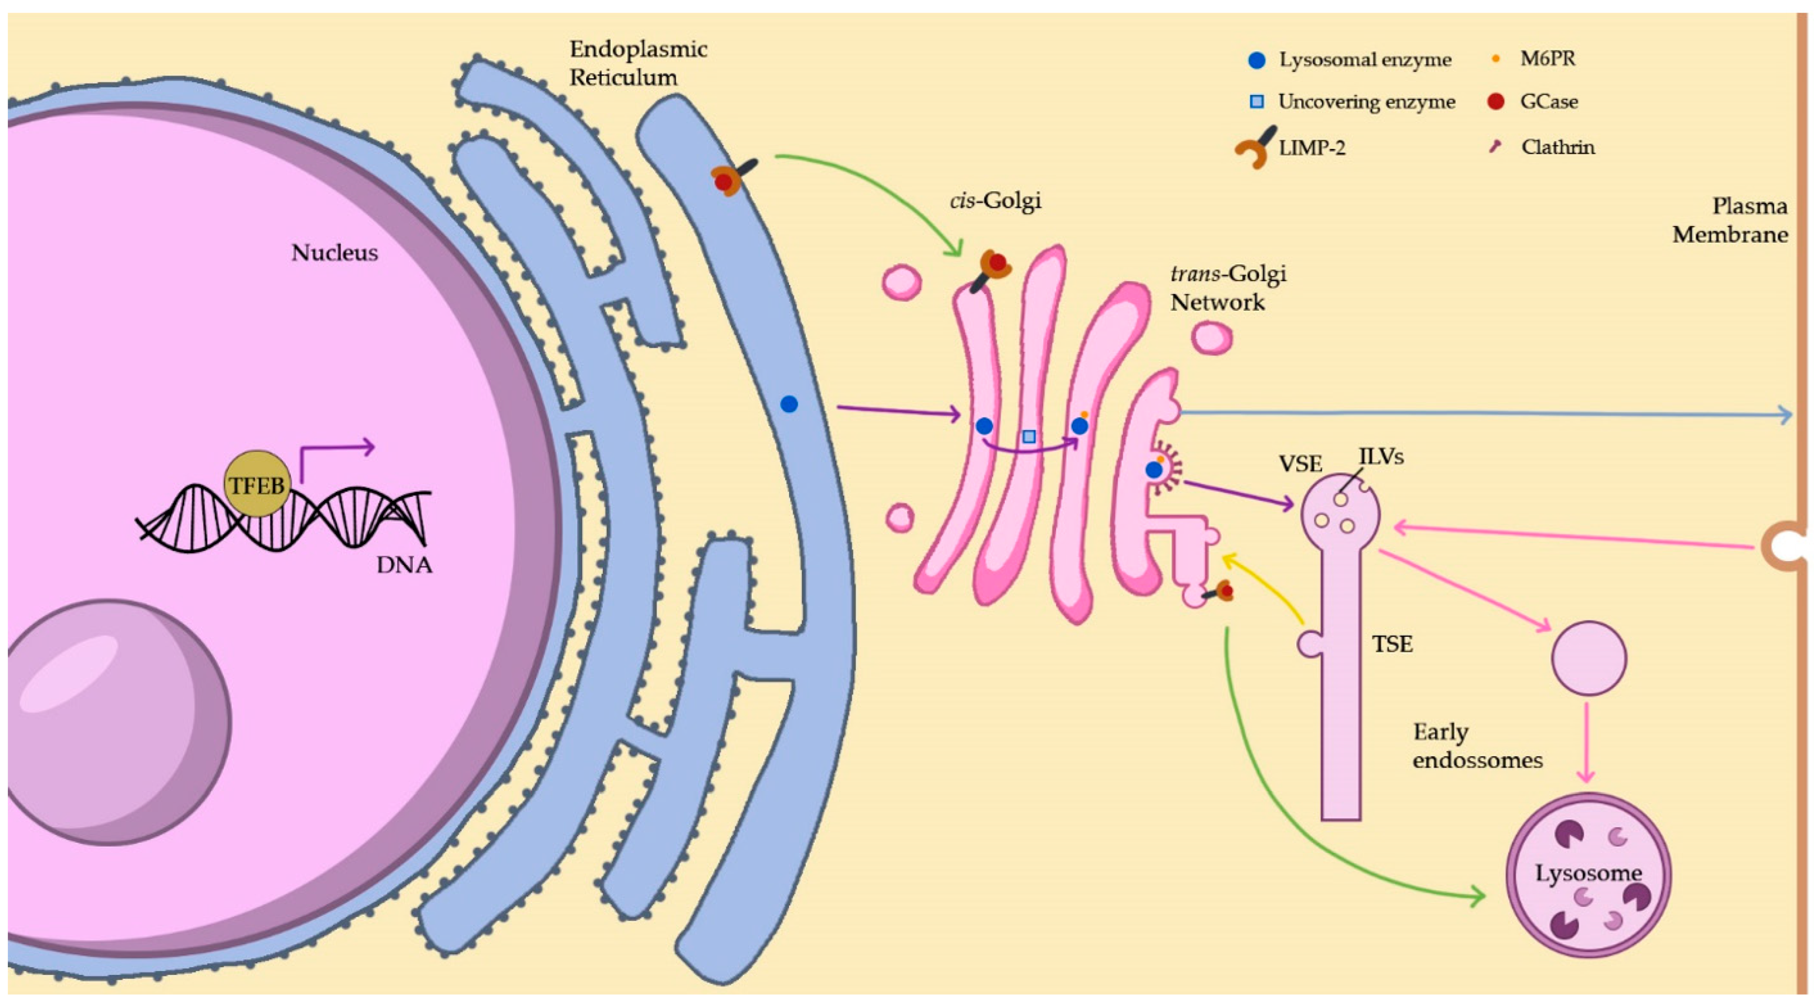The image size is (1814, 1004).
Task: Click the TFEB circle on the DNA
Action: (x=257, y=484)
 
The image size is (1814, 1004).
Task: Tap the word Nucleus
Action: (x=334, y=252)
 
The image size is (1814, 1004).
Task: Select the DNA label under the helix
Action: (x=404, y=565)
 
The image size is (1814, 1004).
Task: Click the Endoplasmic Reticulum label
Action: (x=637, y=64)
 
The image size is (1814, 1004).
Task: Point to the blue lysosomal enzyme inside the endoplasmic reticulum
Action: (x=789, y=404)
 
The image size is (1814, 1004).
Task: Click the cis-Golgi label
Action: (x=995, y=201)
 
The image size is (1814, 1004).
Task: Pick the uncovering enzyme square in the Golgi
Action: (x=1029, y=437)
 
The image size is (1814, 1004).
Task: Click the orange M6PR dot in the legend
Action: (x=1496, y=59)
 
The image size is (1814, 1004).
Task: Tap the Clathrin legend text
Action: (x=1558, y=147)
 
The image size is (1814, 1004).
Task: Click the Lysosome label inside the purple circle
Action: (x=1588, y=873)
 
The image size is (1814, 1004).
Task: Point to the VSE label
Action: (x=1300, y=464)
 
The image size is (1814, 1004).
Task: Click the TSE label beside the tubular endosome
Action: (x=1392, y=643)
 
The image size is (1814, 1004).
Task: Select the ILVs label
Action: (x=1381, y=457)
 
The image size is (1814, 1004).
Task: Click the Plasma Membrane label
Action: (x=1730, y=220)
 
